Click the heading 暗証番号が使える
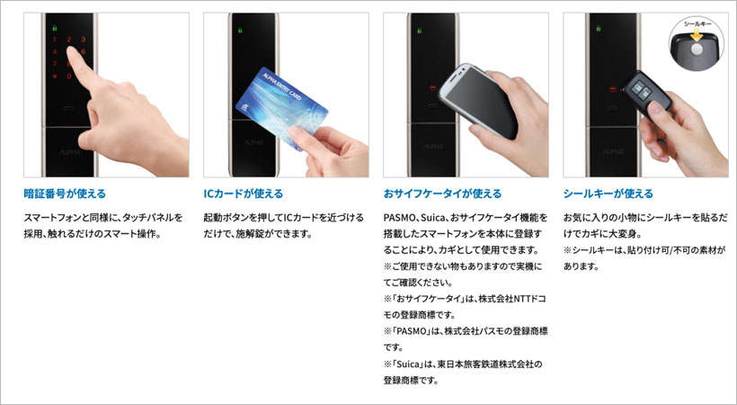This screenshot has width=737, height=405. point(65,193)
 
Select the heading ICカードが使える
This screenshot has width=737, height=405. point(243,193)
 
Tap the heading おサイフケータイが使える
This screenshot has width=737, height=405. point(442,193)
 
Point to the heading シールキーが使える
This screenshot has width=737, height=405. point(608,193)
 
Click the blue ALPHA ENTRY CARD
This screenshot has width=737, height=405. point(281,109)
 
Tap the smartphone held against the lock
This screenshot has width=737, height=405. point(478,101)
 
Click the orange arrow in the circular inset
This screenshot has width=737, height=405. point(697,34)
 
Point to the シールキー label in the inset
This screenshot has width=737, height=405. point(697,23)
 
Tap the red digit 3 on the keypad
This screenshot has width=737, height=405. point(83,40)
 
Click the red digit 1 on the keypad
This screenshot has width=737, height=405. point(55,40)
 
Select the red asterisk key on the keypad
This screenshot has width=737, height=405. point(55,76)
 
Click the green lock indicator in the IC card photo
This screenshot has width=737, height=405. point(240,30)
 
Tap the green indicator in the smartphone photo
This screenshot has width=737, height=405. point(420,31)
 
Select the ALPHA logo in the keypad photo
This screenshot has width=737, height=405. point(69,153)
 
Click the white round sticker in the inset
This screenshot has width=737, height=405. point(697,49)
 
